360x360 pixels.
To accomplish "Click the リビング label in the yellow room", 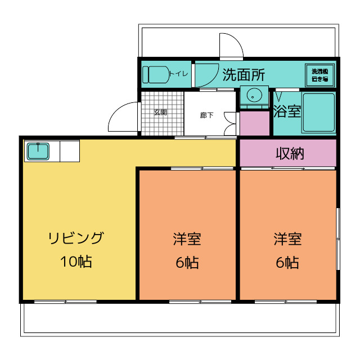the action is (x=76, y=238).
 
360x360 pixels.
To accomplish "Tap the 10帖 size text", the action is (x=76, y=261).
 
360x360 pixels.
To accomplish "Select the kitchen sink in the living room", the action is (x=38, y=151).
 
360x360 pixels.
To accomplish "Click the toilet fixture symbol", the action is (x=156, y=75).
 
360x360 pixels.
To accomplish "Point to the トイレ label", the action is (x=179, y=74).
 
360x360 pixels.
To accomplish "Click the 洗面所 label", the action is (x=244, y=75).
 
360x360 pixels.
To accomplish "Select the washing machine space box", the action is (x=319, y=75).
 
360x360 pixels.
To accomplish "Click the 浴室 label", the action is (x=287, y=111).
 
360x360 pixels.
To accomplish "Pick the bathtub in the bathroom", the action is (x=319, y=112).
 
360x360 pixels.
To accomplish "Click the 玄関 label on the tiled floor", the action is (x=160, y=112).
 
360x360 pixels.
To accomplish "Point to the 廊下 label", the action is (x=206, y=115).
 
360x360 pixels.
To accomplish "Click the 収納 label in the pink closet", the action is (x=290, y=154).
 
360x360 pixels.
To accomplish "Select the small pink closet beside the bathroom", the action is (x=255, y=124).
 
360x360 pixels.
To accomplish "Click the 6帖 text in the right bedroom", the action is (x=287, y=263).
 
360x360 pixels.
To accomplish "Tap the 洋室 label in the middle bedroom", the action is (x=187, y=238).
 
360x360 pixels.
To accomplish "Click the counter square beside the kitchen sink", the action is (x=70, y=151).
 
